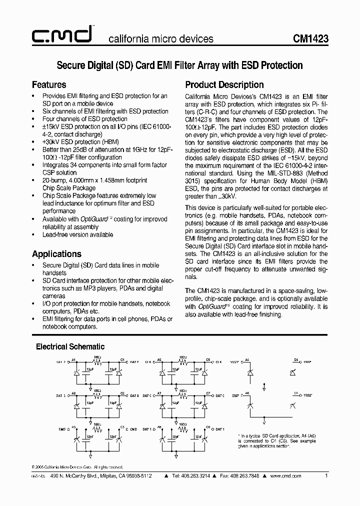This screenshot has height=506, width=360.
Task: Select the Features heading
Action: coord(49,84)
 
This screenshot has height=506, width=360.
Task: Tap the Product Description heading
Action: coord(224,84)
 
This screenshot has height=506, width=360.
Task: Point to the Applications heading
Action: coord(56,253)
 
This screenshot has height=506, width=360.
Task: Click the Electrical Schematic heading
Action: coord(70,346)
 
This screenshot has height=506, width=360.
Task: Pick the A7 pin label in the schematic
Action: coord(159,393)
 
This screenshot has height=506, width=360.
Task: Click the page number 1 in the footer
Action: coord(326,476)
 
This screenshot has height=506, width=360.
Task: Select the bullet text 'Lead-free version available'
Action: coord(77,234)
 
